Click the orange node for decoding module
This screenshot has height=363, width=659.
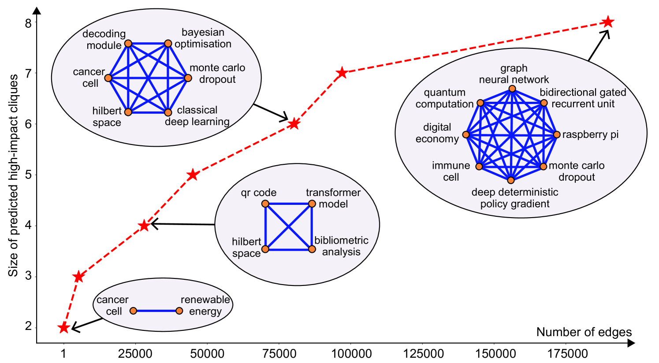tap(128, 43)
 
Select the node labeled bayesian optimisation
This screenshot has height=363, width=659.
tap(168, 43)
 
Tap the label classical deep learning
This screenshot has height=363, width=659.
tap(197, 116)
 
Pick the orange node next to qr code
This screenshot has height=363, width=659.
tap(265, 204)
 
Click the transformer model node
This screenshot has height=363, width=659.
tap(312, 204)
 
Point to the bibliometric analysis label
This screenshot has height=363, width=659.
tap(341, 246)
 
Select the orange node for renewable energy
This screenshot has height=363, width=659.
tap(179, 311)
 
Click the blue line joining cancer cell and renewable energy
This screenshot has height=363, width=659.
tap(156, 311)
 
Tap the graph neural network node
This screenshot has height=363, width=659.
tap(512, 89)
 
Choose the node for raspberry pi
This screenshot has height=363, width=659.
tap(557, 135)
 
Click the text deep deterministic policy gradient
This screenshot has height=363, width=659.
tap(515, 198)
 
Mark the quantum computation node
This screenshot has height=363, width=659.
tap(480, 103)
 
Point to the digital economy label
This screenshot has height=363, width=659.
tap(437, 133)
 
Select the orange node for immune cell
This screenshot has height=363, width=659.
tap(479, 167)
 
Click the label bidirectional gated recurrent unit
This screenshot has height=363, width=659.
tap(583, 98)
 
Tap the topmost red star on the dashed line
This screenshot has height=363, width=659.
tap(608, 22)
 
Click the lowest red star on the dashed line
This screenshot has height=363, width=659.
tap(64, 328)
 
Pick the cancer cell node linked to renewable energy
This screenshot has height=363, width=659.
tap(133, 311)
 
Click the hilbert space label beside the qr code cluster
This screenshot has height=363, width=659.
tap(246, 247)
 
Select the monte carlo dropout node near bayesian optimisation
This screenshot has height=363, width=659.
tap(188, 78)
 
